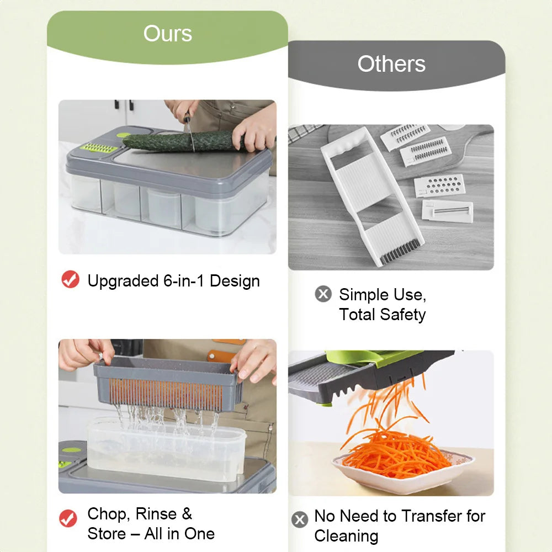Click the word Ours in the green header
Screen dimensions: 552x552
pos(168,34)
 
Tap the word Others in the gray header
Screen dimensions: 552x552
pos(391,63)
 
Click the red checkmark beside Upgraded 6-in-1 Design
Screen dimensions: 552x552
pos(71,279)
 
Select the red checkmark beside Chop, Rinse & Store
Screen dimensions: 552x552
pos(68,518)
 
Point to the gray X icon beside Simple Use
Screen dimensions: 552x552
pos(323,294)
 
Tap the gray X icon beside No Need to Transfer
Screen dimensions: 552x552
pos(300,519)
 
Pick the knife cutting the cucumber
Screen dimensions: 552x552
pos(189,132)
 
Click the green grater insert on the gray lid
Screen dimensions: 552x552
pos(99,148)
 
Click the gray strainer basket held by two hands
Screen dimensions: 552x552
pos(168,384)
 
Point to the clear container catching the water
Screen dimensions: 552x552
pos(166,450)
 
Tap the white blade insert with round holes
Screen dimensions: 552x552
pos(440,185)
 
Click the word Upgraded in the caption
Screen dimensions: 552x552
pos(123,282)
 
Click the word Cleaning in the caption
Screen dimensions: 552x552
pos(347,536)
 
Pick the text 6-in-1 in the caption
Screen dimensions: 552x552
pos(184,281)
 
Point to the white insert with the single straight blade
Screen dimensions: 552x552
pos(448,211)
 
